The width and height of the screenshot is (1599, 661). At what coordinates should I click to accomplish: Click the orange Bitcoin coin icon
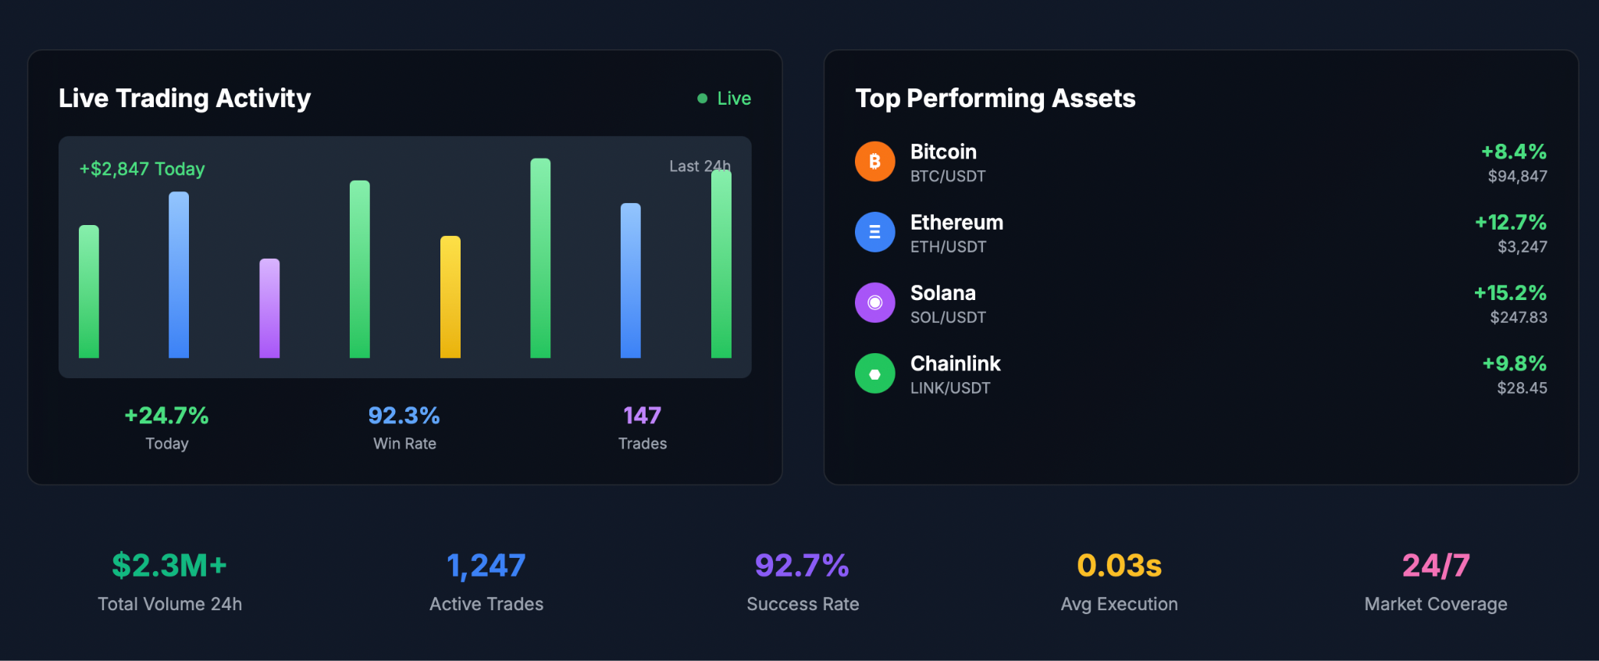click(x=874, y=161)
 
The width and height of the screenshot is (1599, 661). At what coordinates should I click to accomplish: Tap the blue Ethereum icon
click(x=874, y=232)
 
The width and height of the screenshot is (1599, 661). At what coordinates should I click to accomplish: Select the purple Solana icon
click(x=874, y=302)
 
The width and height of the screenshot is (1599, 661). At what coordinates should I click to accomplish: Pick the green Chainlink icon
click(x=874, y=373)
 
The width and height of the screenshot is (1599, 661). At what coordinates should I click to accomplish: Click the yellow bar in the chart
click(x=450, y=297)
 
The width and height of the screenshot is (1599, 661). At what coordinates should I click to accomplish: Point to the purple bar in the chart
click(x=269, y=309)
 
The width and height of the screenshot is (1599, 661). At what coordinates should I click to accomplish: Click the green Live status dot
click(x=702, y=98)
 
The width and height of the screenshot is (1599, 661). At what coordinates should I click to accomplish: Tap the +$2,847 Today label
click(x=142, y=169)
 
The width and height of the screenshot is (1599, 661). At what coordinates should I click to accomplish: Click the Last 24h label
click(x=699, y=166)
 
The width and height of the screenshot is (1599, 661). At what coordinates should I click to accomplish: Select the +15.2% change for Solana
click(x=1509, y=293)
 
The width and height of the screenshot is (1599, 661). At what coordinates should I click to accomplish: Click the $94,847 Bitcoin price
click(x=1517, y=177)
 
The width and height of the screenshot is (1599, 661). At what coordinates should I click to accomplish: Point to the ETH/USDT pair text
click(x=948, y=247)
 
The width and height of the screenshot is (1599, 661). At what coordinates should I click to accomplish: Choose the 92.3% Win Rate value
click(x=404, y=416)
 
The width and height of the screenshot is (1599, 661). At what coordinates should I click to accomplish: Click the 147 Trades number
click(x=642, y=416)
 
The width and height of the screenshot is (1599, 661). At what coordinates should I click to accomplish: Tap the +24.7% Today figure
click(x=166, y=416)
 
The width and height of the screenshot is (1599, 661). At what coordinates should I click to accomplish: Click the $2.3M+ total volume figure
click(x=169, y=566)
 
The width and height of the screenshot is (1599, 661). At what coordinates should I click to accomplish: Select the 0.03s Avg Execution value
click(x=1119, y=566)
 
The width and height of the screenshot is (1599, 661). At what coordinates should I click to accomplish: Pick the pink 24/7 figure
click(x=1435, y=566)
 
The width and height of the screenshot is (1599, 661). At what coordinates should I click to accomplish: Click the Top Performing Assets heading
click(x=995, y=98)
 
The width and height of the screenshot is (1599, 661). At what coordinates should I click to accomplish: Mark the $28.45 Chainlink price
click(x=1522, y=388)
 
